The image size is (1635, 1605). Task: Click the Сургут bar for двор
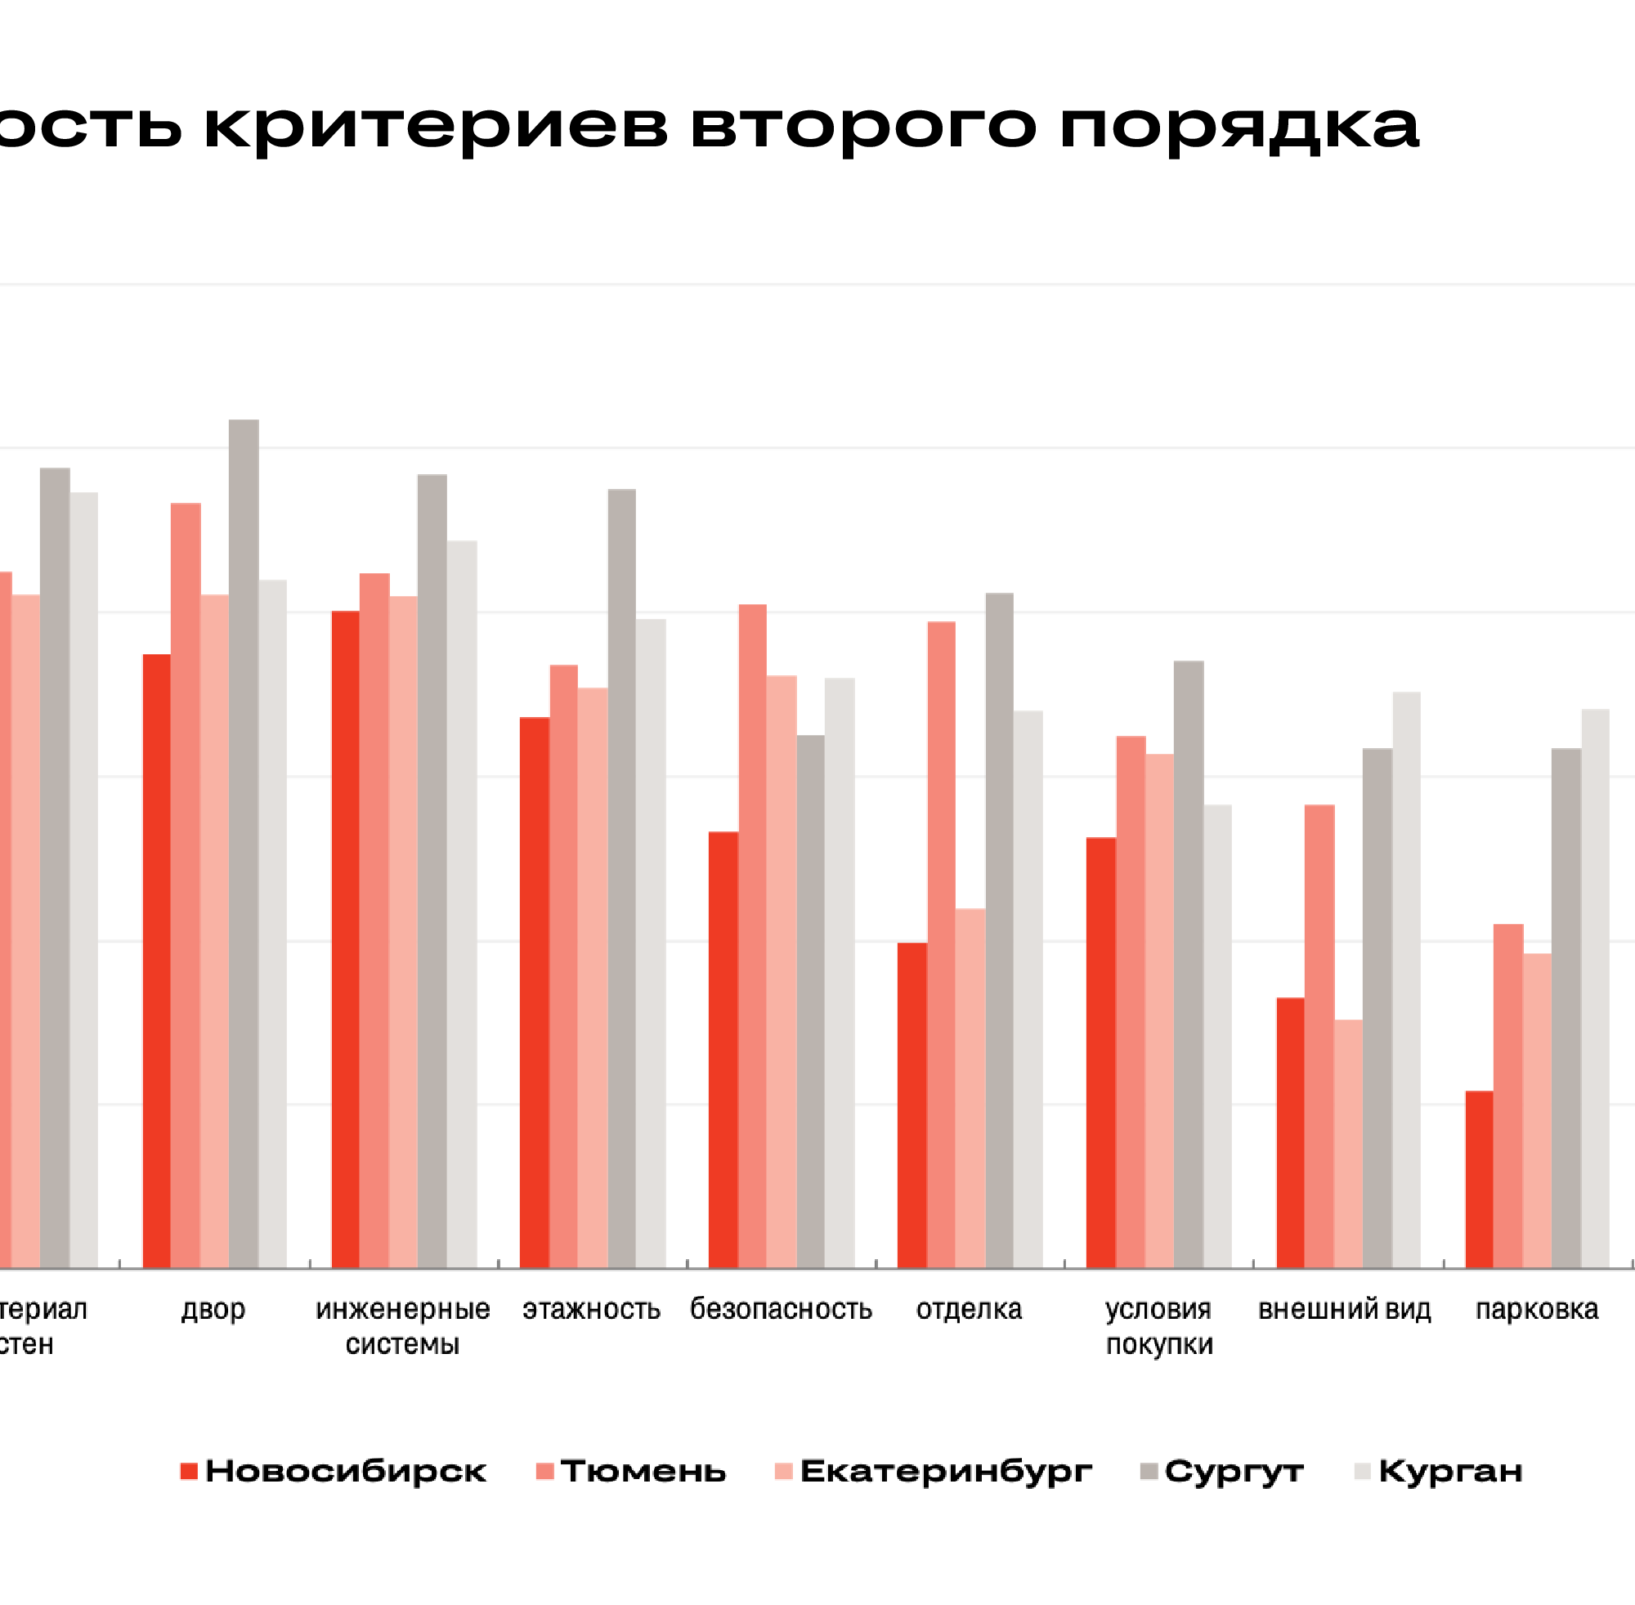click(244, 843)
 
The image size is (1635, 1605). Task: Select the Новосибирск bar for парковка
click(1479, 1179)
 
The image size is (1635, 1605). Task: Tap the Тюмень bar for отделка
click(942, 944)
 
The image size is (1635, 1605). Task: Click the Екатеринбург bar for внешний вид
click(1348, 1143)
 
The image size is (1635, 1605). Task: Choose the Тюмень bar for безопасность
click(753, 935)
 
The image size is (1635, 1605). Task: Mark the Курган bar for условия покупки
click(1218, 1036)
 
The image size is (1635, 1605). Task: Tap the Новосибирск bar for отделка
click(912, 1105)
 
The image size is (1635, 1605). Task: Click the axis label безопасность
click(782, 1309)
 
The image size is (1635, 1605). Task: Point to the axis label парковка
click(1536, 1309)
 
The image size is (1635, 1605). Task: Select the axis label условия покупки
click(1159, 1326)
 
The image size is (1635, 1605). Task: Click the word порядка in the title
click(1239, 127)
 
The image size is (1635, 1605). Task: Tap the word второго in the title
click(863, 127)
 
